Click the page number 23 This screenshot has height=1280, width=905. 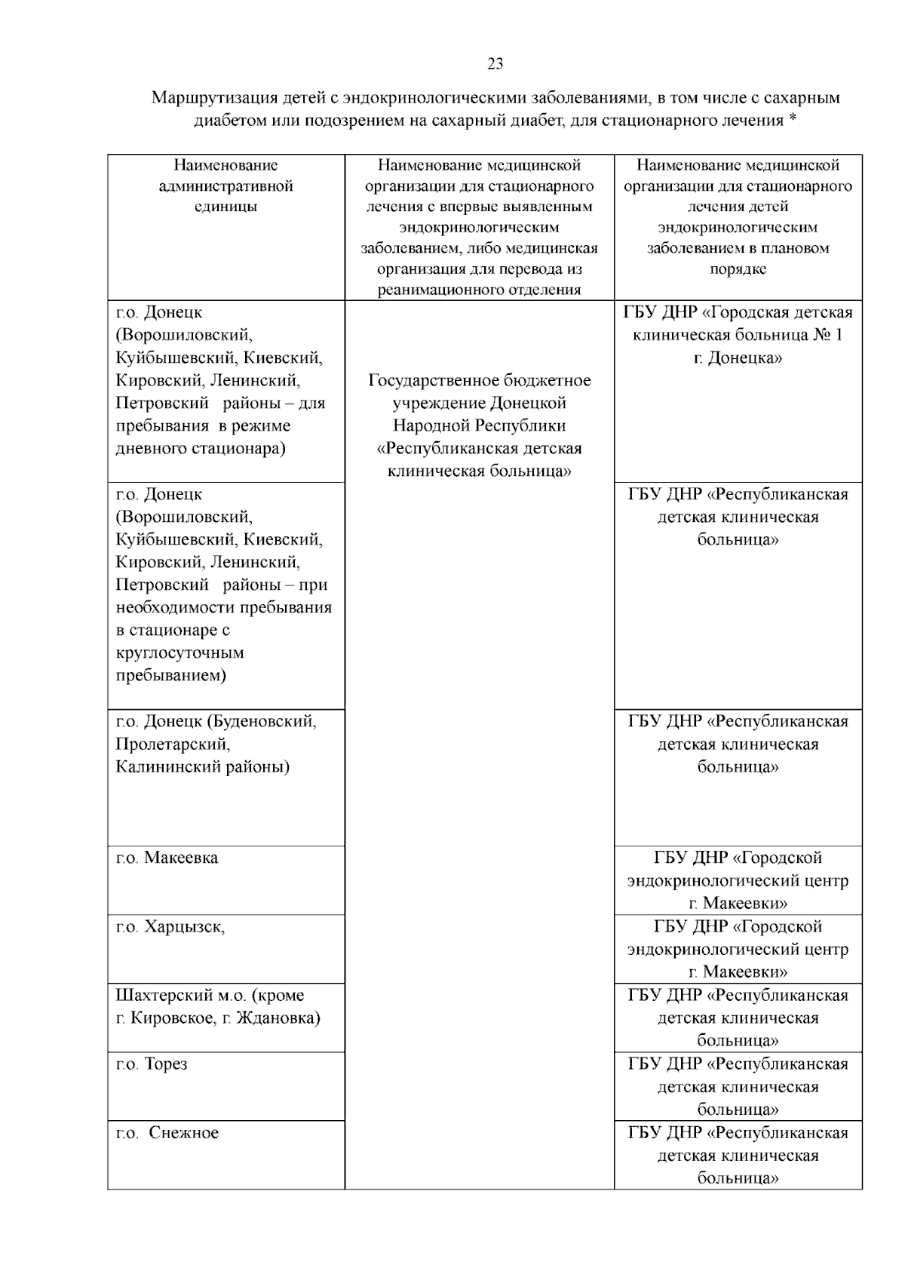[495, 64]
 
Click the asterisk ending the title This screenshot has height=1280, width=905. [793, 120]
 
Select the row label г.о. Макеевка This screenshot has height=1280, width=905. [167, 858]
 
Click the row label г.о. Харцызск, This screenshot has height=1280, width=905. [170, 927]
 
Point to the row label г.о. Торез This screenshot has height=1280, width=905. [152, 1064]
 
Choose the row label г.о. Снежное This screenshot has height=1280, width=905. [167, 1133]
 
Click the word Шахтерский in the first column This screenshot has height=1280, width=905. [158, 996]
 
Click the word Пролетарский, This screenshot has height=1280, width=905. [173, 744]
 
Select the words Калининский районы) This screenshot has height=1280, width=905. [202, 767]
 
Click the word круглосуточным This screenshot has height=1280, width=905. [179, 652]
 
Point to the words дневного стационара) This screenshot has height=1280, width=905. [201, 449]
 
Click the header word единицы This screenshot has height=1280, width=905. [225, 207]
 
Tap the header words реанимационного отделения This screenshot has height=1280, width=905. [479, 290]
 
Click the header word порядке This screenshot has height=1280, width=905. [738, 269]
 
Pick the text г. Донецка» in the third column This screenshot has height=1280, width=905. [738, 358]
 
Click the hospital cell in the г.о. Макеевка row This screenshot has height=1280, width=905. [738, 880]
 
